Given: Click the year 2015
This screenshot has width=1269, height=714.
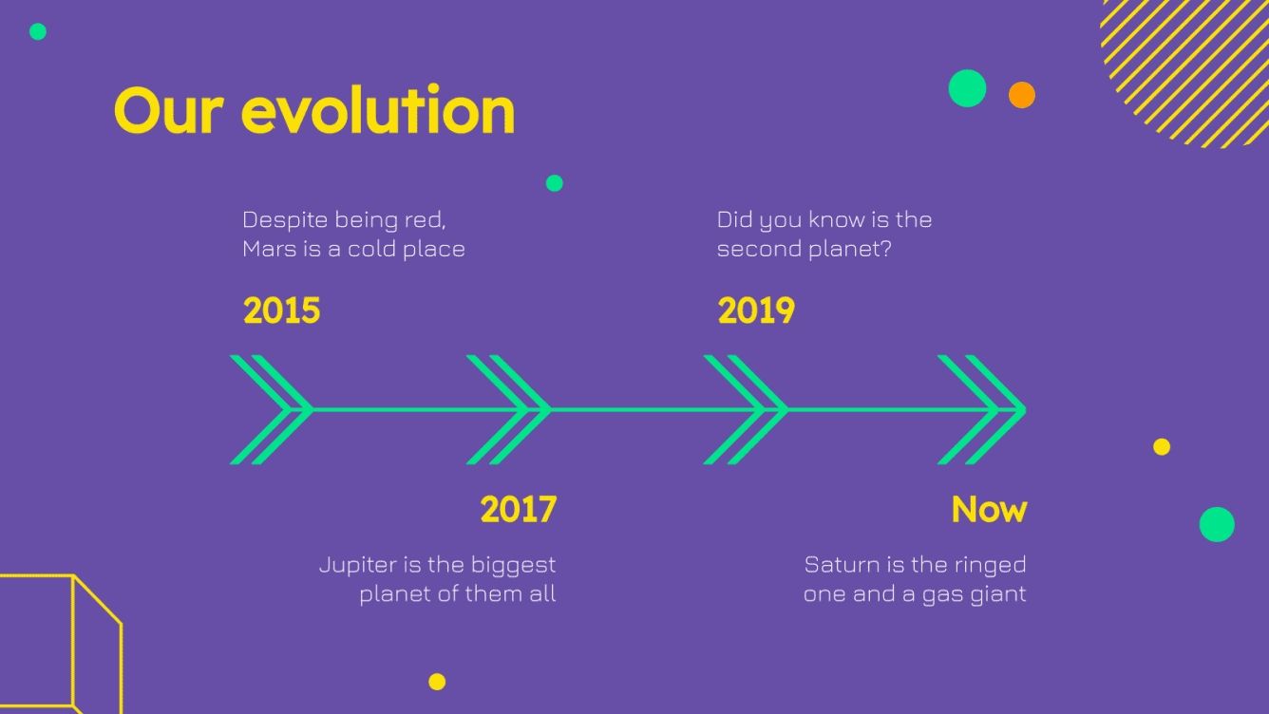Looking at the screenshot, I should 281,311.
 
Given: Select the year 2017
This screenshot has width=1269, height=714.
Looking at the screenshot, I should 518,510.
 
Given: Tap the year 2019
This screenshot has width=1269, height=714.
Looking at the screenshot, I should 755,311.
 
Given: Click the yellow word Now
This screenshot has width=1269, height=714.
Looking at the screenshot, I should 989,510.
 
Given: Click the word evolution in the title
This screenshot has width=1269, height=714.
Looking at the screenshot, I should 378,110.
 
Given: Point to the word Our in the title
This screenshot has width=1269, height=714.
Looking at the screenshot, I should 169,110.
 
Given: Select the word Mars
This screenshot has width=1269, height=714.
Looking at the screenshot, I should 269,250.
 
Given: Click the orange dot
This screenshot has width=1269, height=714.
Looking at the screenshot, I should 1021,95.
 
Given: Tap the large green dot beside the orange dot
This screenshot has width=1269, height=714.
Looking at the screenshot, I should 967,88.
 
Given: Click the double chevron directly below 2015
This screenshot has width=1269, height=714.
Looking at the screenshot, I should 271,410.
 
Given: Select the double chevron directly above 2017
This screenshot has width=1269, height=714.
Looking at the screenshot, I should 508,410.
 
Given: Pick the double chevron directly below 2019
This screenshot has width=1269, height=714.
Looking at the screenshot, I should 746,410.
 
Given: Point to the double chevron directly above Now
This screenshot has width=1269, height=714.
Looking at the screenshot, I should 981,410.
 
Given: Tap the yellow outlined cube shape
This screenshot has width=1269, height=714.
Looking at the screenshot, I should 62,646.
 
